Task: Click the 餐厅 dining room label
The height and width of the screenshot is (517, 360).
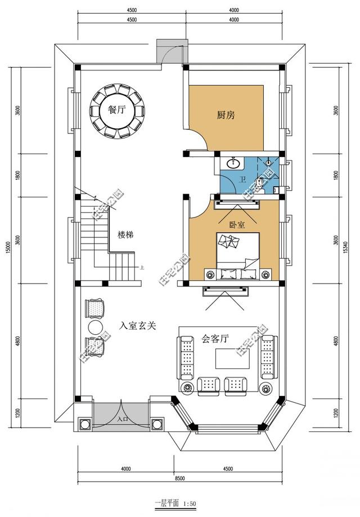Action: [x=116, y=110]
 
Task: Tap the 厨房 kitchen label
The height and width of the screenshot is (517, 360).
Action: [x=226, y=115]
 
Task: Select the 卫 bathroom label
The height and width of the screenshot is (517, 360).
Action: [x=242, y=179]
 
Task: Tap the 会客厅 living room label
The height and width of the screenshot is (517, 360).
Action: [x=214, y=339]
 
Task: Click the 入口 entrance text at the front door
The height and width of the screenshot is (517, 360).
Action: [x=121, y=419]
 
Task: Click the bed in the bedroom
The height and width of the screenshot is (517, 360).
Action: [x=237, y=256]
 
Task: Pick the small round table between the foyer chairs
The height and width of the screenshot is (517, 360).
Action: [x=94, y=327]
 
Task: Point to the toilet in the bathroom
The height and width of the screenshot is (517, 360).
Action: [x=259, y=182]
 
